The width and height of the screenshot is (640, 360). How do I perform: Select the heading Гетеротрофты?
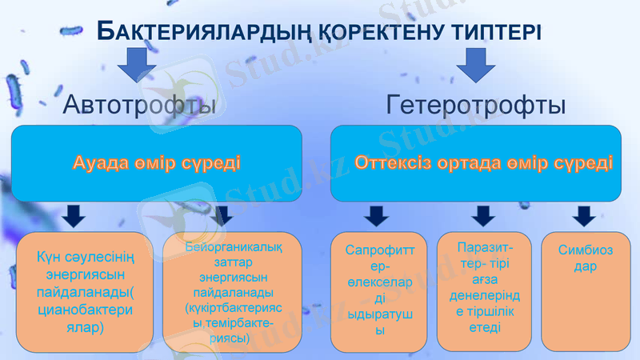click(x=477, y=105)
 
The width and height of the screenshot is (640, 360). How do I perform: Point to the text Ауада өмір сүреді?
click(x=156, y=163)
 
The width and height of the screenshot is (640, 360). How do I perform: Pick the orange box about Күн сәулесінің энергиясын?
click(x=85, y=292)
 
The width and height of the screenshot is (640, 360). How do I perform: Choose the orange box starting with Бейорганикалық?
click(x=228, y=292)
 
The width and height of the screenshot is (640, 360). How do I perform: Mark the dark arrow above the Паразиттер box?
click(x=482, y=216)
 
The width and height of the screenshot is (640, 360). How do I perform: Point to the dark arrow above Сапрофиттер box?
click(x=376, y=216)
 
